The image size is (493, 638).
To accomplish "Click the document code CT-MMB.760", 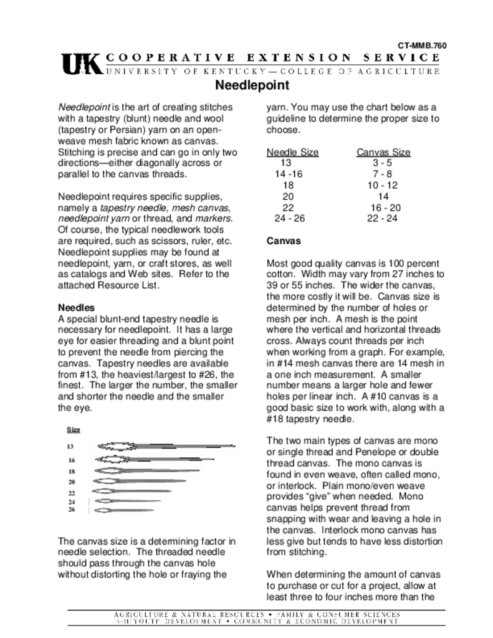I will [x=423, y=45].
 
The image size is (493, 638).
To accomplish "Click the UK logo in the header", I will [x=81, y=64].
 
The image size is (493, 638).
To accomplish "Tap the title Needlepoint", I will [x=252, y=85].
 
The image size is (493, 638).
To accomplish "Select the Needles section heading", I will [x=76, y=308].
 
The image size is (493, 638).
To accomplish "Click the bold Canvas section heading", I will [x=284, y=240].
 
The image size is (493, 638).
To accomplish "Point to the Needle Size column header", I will [x=292, y=152].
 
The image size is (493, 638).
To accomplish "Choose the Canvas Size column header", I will [x=383, y=152].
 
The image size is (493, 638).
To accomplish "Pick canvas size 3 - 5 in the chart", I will [x=382, y=163].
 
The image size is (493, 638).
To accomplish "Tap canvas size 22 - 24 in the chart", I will [x=383, y=218].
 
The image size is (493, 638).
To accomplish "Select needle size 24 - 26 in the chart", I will [x=290, y=218].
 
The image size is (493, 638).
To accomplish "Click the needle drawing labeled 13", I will [x=165, y=446].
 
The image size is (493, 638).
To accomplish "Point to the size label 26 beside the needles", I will [x=71, y=510].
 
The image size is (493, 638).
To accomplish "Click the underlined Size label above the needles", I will [x=73, y=430].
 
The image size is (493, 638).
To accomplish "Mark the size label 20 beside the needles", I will [x=71, y=482].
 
